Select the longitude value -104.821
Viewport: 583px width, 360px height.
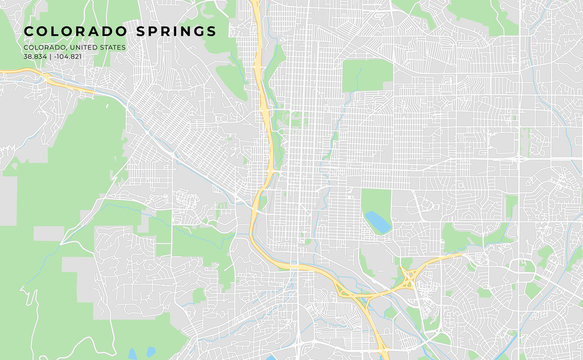pos(67,56)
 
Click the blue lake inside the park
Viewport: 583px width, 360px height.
pos(377,222)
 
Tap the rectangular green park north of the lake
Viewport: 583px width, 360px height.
pos(368,75)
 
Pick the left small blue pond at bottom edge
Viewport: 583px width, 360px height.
pos(132,353)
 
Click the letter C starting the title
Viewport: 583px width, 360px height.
pos(29,31)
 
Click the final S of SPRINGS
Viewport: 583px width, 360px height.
pos(210,31)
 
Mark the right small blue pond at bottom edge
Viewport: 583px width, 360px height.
pos(150,353)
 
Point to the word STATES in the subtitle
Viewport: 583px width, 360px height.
pos(113,47)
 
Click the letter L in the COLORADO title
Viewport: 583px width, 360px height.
pos(56,31)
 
